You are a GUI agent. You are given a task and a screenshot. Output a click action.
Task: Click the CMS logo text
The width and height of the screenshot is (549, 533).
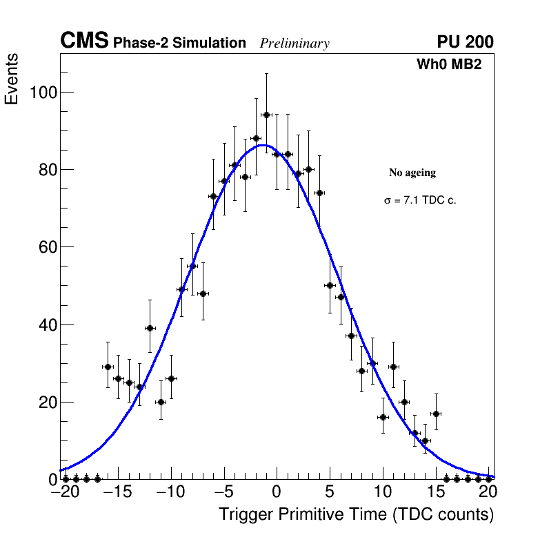[x=84, y=41]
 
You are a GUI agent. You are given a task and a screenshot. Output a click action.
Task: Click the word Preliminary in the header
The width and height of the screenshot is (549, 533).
[x=295, y=43]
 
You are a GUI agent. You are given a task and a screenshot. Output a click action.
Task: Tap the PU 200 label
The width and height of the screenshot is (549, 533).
[x=465, y=42]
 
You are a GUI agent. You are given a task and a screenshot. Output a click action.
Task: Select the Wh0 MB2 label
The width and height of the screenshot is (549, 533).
[x=448, y=64]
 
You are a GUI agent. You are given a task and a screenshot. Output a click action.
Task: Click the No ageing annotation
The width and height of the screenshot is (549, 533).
[x=412, y=173]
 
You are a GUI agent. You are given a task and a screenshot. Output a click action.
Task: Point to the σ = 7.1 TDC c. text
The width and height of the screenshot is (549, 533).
[x=420, y=200]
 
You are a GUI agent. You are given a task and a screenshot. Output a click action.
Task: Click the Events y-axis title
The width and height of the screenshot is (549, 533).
[x=12, y=79]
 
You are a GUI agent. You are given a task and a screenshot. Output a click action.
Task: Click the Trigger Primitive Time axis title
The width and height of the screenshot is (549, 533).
[x=356, y=514]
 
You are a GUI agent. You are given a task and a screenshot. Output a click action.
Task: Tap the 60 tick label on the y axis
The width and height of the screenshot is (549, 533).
[x=43, y=247]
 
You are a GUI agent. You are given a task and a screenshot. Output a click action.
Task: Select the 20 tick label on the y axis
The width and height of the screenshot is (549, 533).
[x=43, y=402]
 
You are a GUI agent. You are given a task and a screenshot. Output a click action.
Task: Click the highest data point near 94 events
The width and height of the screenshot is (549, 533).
[x=266, y=115]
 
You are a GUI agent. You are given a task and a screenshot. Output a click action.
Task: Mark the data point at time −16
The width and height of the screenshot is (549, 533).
[x=108, y=367]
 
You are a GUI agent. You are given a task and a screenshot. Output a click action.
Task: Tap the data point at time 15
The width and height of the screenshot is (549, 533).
[x=436, y=414]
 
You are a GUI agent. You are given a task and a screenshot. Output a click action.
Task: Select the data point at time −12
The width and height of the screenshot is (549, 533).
[x=150, y=328]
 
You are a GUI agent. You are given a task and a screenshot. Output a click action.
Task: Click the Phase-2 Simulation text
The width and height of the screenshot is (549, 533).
[x=179, y=43]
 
